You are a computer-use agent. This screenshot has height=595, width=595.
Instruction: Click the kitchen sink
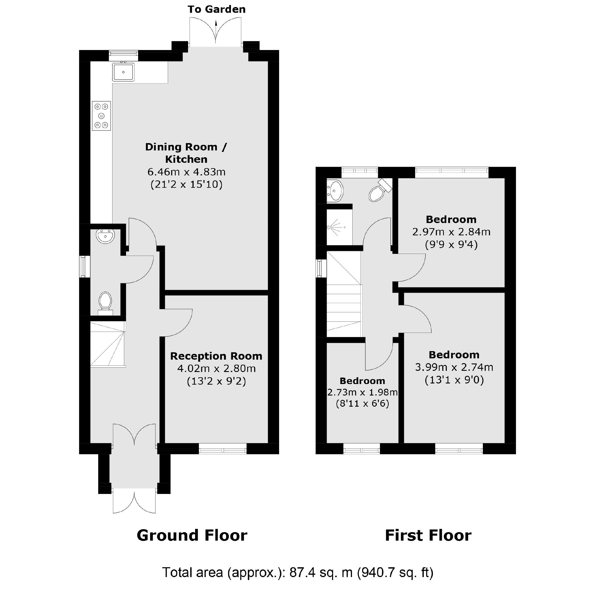[x=123, y=72]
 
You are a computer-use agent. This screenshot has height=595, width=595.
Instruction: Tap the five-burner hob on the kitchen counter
[x=101, y=116]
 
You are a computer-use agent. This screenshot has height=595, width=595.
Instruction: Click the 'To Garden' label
[x=217, y=9]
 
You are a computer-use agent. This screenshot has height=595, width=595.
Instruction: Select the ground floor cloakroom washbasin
[x=105, y=236]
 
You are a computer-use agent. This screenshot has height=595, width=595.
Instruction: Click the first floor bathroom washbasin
[x=335, y=191]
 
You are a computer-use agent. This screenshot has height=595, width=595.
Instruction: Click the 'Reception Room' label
[x=216, y=356]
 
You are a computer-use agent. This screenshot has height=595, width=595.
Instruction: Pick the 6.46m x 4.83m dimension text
[x=186, y=172]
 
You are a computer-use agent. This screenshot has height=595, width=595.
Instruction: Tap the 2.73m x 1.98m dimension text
[x=362, y=392]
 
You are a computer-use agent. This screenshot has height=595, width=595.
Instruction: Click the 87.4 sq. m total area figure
[x=321, y=572]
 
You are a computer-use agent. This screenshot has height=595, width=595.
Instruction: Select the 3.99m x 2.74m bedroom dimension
[x=454, y=367]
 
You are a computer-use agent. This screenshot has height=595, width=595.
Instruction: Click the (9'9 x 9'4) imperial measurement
[x=451, y=244]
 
